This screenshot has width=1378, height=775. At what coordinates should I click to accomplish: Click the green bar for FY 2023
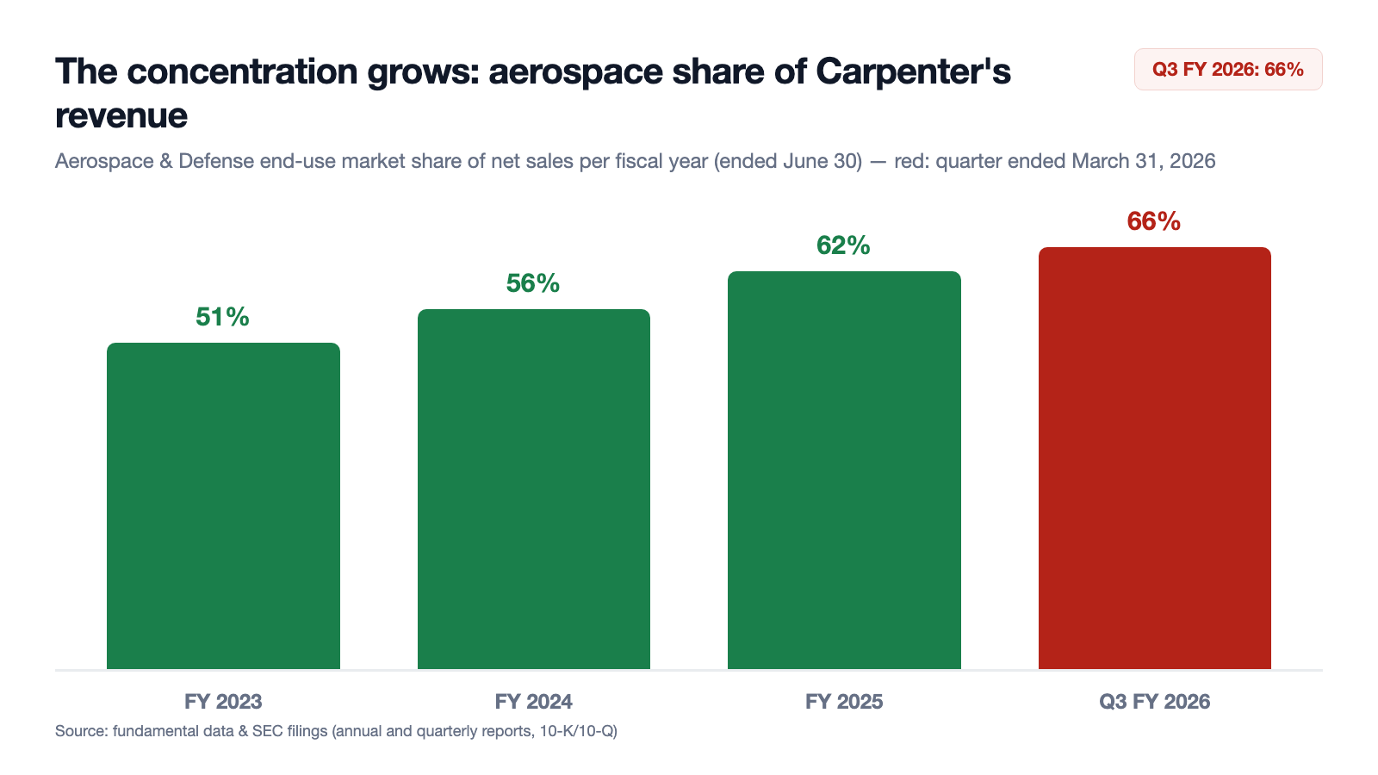pos(223,505)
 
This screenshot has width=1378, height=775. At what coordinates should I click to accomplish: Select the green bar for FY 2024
pos(534,489)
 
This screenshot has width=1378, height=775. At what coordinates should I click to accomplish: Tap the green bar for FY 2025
pos(844,470)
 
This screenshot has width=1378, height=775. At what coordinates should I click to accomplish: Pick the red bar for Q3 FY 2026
pos(1155,458)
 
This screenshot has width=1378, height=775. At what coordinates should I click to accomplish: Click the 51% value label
pos(223,317)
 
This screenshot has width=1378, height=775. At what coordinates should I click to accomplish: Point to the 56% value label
pos(533,283)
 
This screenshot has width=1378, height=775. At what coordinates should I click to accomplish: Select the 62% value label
pos(843,245)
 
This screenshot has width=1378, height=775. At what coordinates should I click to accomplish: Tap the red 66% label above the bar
pos(1153,221)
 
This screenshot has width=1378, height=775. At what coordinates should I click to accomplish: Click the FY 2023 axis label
pos(223,701)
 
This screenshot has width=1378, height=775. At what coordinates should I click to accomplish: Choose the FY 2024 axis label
pos(534,701)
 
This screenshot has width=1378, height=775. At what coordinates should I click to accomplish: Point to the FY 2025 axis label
pos(844,701)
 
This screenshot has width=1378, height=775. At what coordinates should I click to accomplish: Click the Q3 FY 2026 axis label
pos(1155,701)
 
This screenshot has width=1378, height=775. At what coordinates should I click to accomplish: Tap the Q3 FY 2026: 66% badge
pos(1228,70)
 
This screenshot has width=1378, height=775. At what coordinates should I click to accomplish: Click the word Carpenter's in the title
pos(913,72)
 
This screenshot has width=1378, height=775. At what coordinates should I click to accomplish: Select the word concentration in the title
pos(242,71)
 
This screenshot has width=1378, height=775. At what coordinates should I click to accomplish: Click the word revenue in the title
pos(121,115)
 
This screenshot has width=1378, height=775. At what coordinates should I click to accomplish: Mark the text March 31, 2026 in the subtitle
pos(1144,161)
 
